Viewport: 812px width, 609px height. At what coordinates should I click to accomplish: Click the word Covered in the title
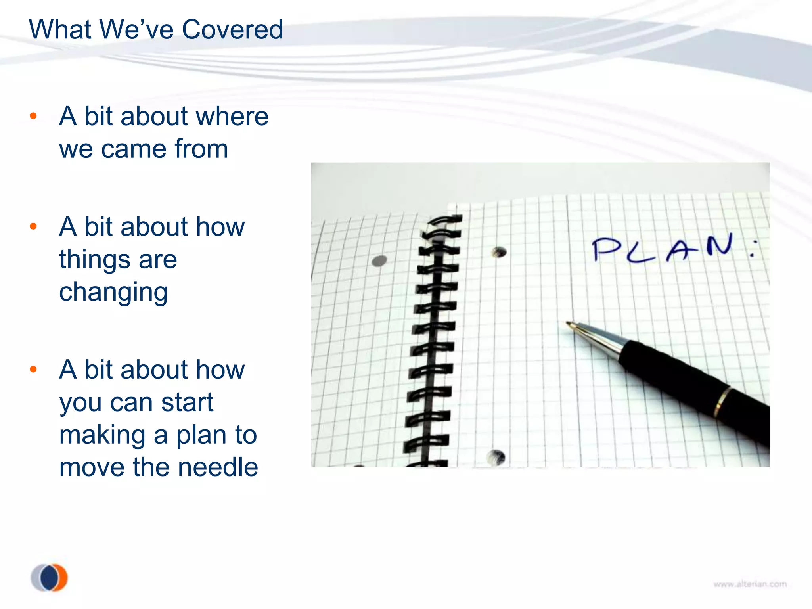[x=232, y=30]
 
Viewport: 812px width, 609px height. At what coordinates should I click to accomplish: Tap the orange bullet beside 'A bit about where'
[x=33, y=116]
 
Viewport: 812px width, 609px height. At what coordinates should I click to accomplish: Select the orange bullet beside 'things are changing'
[x=33, y=226]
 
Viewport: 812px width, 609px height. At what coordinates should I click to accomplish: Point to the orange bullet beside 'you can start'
[x=33, y=370]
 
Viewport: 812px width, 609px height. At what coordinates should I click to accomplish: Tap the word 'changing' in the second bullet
[x=113, y=292]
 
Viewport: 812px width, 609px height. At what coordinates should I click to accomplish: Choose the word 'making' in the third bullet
[x=102, y=435]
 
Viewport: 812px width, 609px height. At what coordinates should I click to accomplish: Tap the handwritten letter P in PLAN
[x=606, y=249]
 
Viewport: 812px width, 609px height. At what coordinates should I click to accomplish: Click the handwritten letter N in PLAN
[x=720, y=245]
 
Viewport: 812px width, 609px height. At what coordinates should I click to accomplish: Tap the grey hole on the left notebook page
[x=379, y=261]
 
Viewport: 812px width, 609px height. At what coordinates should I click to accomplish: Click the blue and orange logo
[x=50, y=577]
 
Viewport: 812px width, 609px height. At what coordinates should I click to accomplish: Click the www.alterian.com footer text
[x=750, y=584]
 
